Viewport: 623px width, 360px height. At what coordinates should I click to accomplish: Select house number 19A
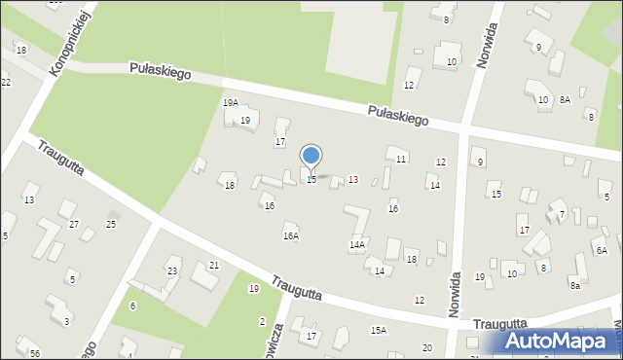click(x=230, y=103)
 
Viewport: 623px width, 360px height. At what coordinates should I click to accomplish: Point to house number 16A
click(x=290, y=235)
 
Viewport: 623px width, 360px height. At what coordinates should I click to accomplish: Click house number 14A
click(x=357, y=245)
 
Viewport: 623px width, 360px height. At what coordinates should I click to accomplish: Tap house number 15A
click(x=378, y=331)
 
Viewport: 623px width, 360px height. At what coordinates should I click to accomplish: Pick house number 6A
click(x=602, y=251)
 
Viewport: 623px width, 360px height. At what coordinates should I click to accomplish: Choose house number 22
click(x=6, y=82)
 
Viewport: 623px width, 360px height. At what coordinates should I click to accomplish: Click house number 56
click(x=35, y=353)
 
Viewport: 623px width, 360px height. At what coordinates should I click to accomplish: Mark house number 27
click(x=74, y=225)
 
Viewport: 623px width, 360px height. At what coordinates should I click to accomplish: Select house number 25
click(x=111, y=225)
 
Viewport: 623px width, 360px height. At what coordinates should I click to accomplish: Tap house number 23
click(x=172, y=271)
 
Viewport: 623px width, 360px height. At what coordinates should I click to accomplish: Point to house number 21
click(x=214, y=266)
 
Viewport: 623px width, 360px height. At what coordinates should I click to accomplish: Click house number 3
click(x=66, y=321)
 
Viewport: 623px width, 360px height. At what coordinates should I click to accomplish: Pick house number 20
click(x=426, y=348)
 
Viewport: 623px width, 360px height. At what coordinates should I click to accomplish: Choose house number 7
click(x=561, y=214)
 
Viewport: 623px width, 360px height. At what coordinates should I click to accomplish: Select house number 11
click(x=401, y=159)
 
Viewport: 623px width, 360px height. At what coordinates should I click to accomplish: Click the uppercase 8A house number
click(x=565, y=99)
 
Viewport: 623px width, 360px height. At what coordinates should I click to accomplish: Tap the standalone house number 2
click(x=262, y=322)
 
